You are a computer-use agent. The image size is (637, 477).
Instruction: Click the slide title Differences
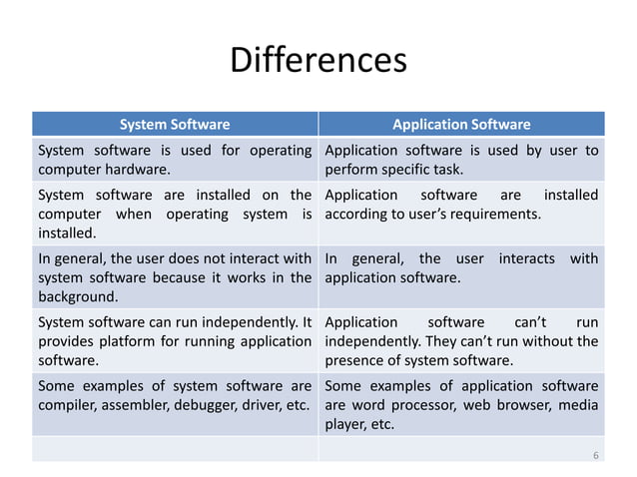click(x=318, y=60)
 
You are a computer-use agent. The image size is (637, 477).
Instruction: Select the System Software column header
click(x=175, y=125)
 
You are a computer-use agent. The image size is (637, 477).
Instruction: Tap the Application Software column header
click(x=460, y=125)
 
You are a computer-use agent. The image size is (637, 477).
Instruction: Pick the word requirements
click(x=494, y=213)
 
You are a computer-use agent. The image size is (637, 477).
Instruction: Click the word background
click(x=76, y=297)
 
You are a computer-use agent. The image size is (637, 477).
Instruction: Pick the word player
click(x=345, y=424)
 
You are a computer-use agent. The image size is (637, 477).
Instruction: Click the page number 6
click(x=595, y=455)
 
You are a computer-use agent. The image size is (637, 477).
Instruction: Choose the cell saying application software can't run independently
click(x=461, y=341)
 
